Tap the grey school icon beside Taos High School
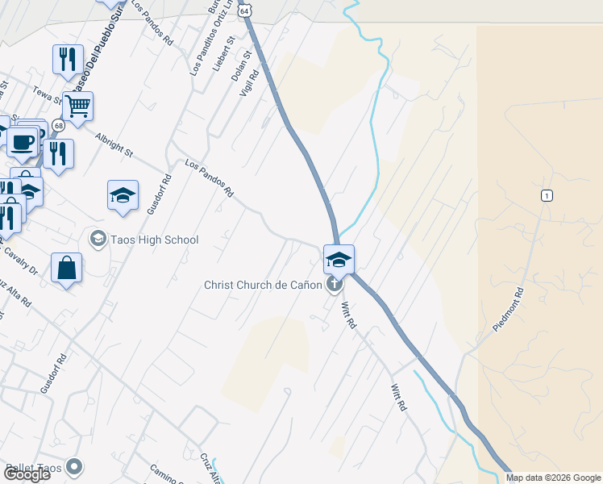pos(98,239)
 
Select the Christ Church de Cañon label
pos(263,285)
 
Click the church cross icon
pos(335,284)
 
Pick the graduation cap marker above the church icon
pos(339,259)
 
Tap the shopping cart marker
pos(77,106)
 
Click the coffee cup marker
pos(23,142)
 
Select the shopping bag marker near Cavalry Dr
pos(66,269)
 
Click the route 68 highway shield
pos(58,126)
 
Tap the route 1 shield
pos(547,196)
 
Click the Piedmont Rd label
pos(509,309)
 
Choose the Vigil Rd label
pos(248,83)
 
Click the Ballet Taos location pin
pos(75,467)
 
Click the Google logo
pos(27,474)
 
